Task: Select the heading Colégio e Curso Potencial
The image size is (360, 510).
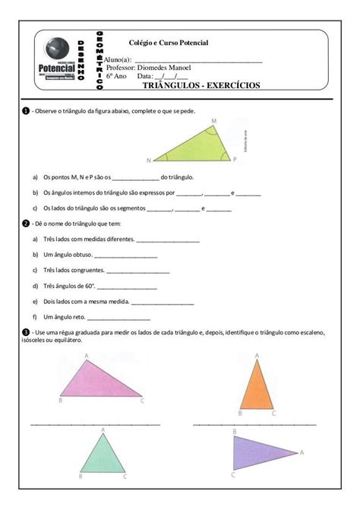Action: click(169, 43)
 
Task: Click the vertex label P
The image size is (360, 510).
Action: click(235, 159)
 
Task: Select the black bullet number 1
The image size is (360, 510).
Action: click(25, 112)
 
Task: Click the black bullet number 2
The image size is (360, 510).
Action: click(25, 223)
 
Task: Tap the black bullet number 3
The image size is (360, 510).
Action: click(25, 332)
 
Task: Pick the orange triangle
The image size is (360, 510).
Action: click(257, 386)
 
